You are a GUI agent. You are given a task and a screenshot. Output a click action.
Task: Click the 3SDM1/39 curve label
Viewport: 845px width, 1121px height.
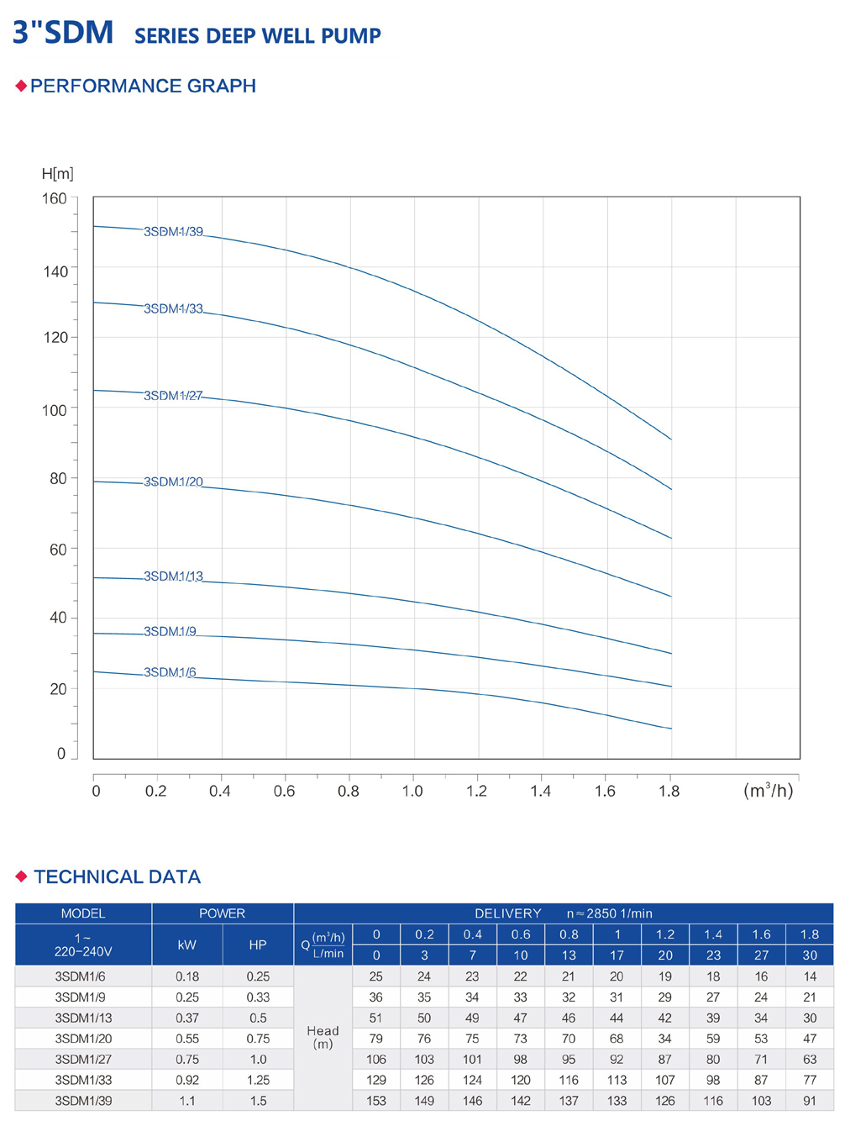pyautogui.click(x=173, y=232)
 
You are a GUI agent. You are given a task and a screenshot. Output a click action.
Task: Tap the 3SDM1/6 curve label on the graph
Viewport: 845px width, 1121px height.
pyautogui.click(x=170, y=672)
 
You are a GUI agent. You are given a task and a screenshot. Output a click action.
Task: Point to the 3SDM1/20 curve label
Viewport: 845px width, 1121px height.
pyautogui.click(x=173, y=482)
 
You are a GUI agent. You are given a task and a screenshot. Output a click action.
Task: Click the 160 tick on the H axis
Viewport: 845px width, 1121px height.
pyautogui.click(x=55, y=199)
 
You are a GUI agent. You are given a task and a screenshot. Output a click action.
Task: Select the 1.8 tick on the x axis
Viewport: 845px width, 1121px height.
pyautogui.click(x=669, y=791)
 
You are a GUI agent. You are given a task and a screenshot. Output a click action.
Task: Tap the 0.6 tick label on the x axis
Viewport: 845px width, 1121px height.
pyautogui.click(x=284, y=791)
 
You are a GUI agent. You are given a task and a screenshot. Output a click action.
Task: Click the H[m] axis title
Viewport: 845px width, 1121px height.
pyautogui.click(x=58, y=174)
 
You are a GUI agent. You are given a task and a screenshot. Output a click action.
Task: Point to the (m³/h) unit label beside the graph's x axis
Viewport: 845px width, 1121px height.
pyautogui.click(x=768, y=790)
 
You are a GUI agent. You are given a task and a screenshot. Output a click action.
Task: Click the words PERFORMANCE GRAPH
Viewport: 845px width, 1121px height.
pyautogui.click(x=143, y=86)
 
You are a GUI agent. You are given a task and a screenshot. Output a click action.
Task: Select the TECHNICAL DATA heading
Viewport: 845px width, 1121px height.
pyautogui.click(x=117, y=876)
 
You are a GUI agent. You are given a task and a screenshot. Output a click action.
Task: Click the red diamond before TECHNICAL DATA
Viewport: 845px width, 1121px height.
pyautogui.click(x=22, y=876)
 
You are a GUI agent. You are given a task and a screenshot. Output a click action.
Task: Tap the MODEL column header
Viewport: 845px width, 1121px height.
pyautogui.click(x=83, y=913)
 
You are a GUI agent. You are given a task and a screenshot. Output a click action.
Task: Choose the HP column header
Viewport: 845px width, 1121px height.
pyautogui.click(x=258, y=945)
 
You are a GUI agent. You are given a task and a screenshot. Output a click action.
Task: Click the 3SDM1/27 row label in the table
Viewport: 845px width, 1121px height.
pyautogui.click(x=83, y=1059)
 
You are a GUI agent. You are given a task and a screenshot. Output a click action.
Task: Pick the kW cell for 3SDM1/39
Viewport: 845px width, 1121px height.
pyautogui.click(x=186, y=1100)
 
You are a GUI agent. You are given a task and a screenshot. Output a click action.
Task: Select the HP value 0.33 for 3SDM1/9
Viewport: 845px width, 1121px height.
pyautogui.click(x=258, y=997)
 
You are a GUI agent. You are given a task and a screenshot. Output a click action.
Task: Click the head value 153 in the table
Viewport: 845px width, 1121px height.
pyautogui.click(x=376, y=1100)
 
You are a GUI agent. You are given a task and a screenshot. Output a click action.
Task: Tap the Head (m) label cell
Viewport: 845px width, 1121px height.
pyautogui.click(x=323, y=1037)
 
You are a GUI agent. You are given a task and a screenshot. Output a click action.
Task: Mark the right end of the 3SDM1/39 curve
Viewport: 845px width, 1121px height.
pyautogui.click(x=671, y=439)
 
